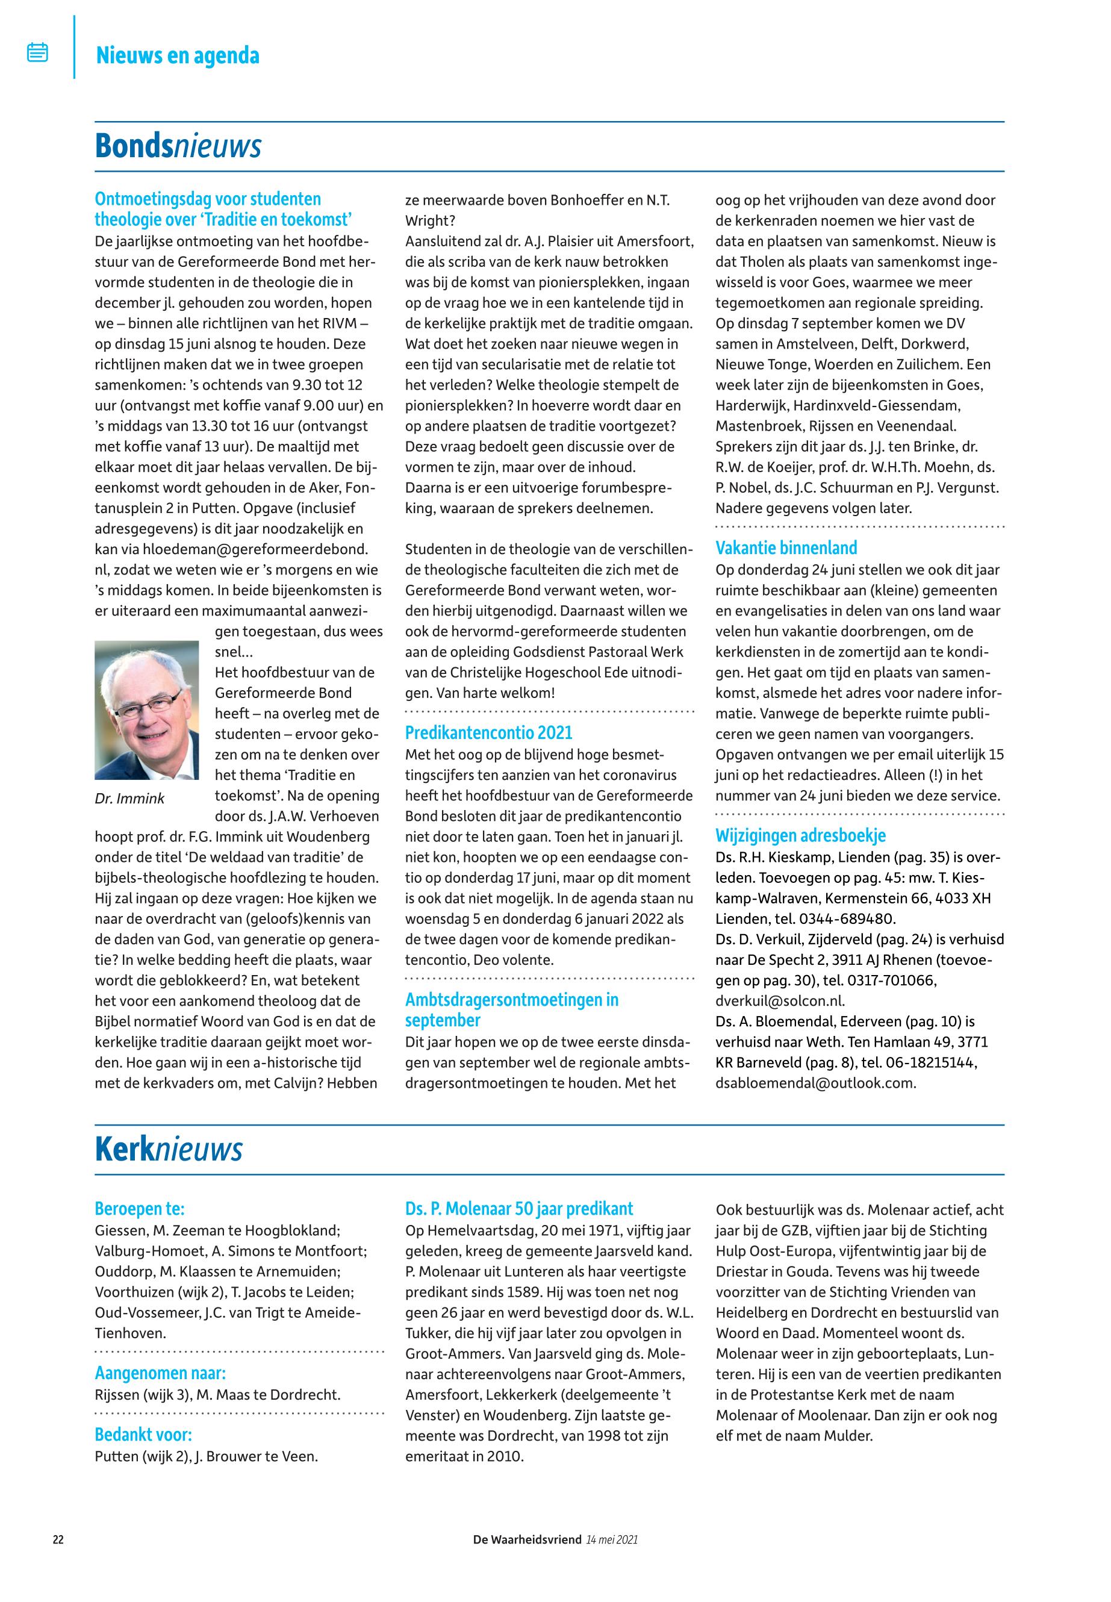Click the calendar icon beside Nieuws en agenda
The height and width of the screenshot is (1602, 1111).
coord(37,52)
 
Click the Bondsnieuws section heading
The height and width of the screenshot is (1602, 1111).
coord(178,146)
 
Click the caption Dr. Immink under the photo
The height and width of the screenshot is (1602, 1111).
coord(129,799)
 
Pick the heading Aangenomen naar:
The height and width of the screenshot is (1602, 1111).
coord(160,1373)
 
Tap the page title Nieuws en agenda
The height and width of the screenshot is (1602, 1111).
coord(178,55)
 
